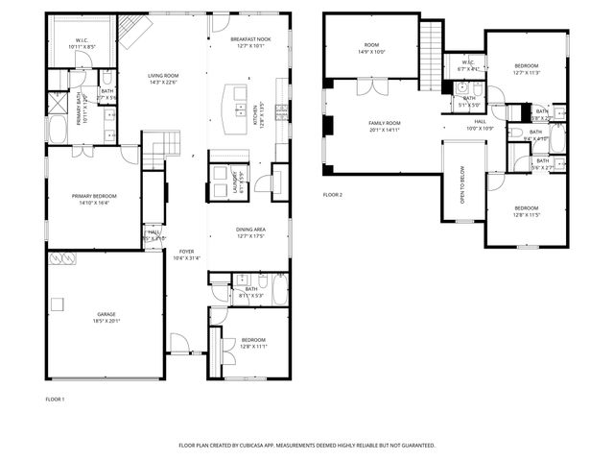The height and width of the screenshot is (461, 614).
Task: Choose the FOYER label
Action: pos(184,255)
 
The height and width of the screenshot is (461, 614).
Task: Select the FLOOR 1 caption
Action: pos(55,399)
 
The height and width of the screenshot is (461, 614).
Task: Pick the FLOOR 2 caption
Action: pos(333,194)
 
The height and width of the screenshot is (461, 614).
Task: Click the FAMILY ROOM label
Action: pos(385,126)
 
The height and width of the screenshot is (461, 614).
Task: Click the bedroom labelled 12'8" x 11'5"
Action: pos(527,211)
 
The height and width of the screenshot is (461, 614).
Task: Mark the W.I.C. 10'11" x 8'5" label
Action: pos(82,43)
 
